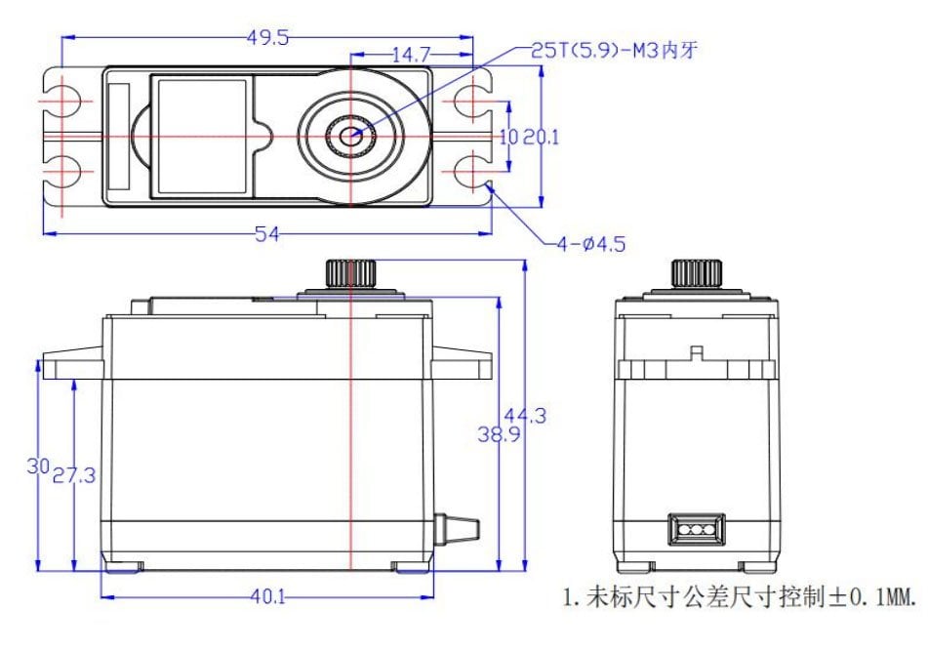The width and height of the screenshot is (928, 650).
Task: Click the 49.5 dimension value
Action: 267,38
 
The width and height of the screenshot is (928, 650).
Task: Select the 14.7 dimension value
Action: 412,55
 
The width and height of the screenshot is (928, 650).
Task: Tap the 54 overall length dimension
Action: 267,234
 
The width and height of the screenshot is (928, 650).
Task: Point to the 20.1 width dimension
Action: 541,138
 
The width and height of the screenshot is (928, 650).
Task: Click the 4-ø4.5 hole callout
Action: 590,244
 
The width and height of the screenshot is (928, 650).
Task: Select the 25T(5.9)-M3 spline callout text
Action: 614,51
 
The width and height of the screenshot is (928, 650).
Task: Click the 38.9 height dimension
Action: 499,434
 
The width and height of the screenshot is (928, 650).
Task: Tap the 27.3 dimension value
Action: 74,475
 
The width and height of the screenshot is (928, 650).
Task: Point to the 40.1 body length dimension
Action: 267,596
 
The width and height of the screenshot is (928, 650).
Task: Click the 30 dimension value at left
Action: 38,467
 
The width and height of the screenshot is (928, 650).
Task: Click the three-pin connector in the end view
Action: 696,529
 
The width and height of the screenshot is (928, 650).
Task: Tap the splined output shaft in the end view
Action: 696,273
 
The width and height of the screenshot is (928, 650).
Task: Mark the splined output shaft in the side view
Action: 350,273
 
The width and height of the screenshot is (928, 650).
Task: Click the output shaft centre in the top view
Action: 351,137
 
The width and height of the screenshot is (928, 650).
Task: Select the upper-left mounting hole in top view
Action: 62,102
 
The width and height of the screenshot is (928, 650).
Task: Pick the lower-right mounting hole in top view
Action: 472,173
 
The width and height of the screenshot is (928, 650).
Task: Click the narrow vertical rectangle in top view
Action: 119,137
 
